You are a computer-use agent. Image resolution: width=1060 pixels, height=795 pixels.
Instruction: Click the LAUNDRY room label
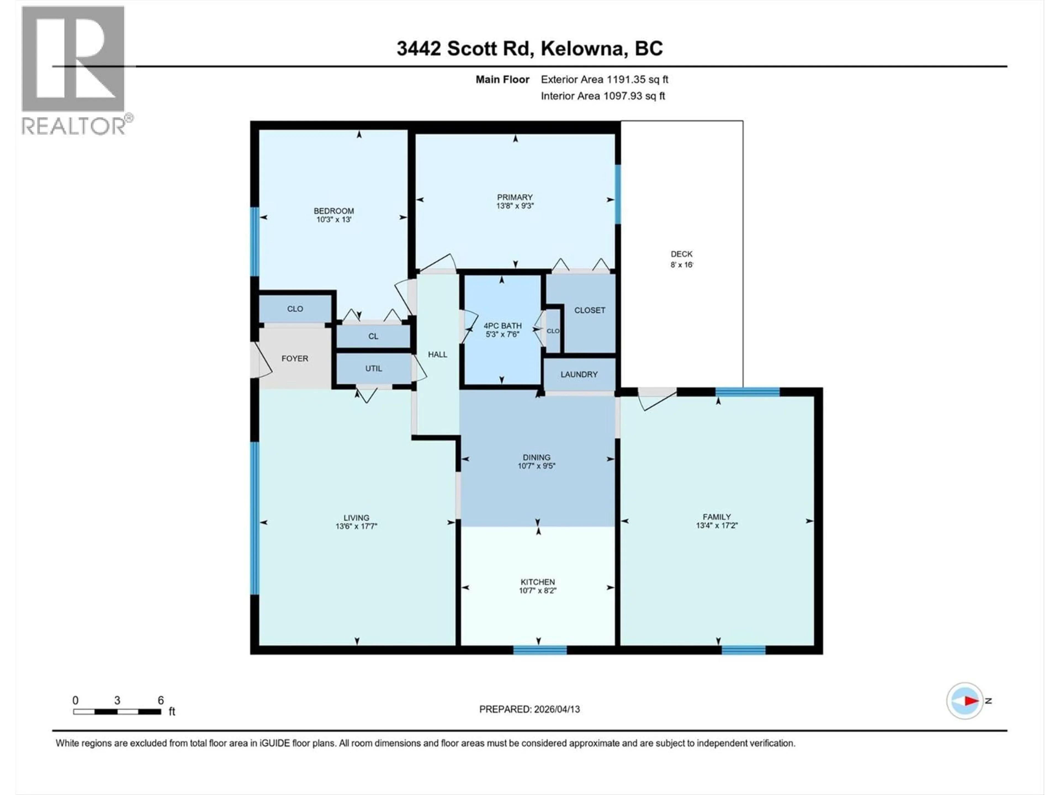[x=579, y=374]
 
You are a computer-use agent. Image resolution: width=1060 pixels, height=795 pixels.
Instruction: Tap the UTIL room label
[x=373, y=369]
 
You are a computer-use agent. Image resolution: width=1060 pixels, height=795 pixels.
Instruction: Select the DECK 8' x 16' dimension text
[x=682, y=264]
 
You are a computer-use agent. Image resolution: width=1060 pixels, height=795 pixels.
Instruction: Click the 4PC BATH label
[x=502, y=325]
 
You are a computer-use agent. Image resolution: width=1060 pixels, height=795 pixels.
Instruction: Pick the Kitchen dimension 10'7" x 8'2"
[x=537, y=591]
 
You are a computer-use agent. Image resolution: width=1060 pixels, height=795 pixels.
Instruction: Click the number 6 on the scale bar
[x=161, y=700]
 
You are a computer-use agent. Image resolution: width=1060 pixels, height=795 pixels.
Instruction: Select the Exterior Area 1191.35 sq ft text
[x=604, y=79]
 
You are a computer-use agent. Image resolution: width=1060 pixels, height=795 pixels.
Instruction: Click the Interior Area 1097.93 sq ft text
[x=603, y=96]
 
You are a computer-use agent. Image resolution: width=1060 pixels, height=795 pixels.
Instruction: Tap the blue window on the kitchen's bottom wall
[x=540, y=650]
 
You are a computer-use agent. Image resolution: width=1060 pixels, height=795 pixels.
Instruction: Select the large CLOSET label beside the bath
[x=589, y=310]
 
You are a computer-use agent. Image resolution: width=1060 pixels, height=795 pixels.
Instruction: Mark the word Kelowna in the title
[x=583, y=48]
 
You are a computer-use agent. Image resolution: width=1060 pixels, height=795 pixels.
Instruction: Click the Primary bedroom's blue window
[x=618, y=194]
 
